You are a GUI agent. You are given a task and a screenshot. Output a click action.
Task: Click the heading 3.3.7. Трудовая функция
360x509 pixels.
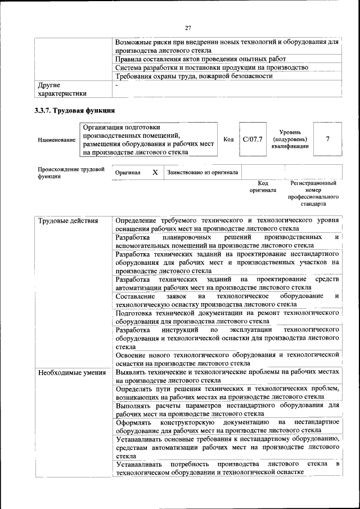point(75,110)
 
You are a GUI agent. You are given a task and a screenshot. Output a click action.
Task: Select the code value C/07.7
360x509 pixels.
point(253,139)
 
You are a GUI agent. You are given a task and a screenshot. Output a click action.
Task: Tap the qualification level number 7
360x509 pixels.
point(327,139)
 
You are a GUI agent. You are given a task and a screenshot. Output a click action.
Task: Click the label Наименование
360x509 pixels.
point(56,139)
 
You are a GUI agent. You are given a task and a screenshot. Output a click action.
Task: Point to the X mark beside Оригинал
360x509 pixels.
point(155,172)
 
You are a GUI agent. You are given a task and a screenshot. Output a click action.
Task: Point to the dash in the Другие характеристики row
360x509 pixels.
point(116,85)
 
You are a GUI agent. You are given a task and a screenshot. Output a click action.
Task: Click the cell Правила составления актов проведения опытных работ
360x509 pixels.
point(200,59)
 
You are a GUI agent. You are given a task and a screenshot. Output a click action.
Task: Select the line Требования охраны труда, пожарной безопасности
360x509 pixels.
point(194,76)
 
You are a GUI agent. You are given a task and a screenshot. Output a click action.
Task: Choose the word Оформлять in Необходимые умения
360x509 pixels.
point(134,422)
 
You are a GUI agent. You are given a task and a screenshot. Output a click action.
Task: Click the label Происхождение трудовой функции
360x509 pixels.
point(71,172)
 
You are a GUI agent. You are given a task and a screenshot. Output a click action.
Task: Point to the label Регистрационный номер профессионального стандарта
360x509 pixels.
point(313,194)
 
